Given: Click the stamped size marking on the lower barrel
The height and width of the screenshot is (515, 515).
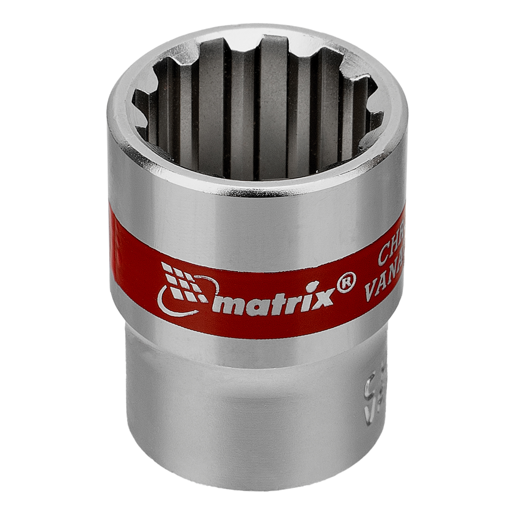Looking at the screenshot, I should pos(370,399).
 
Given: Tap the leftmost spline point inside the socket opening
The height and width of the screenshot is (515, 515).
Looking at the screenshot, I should pos(137,97).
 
